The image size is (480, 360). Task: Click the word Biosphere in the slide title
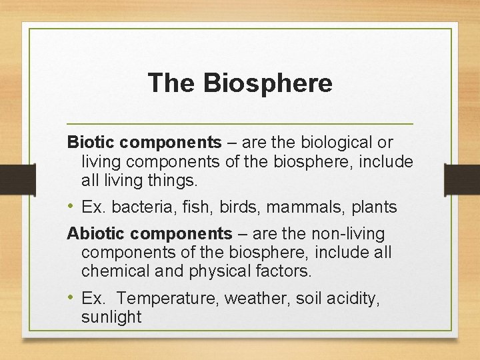tap(268, 83)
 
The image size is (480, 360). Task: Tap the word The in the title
tap(172, 83)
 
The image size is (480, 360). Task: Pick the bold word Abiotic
tap(95, 234)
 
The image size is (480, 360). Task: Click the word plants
tap(372, 207)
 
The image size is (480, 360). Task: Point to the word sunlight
tap(111, 317)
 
